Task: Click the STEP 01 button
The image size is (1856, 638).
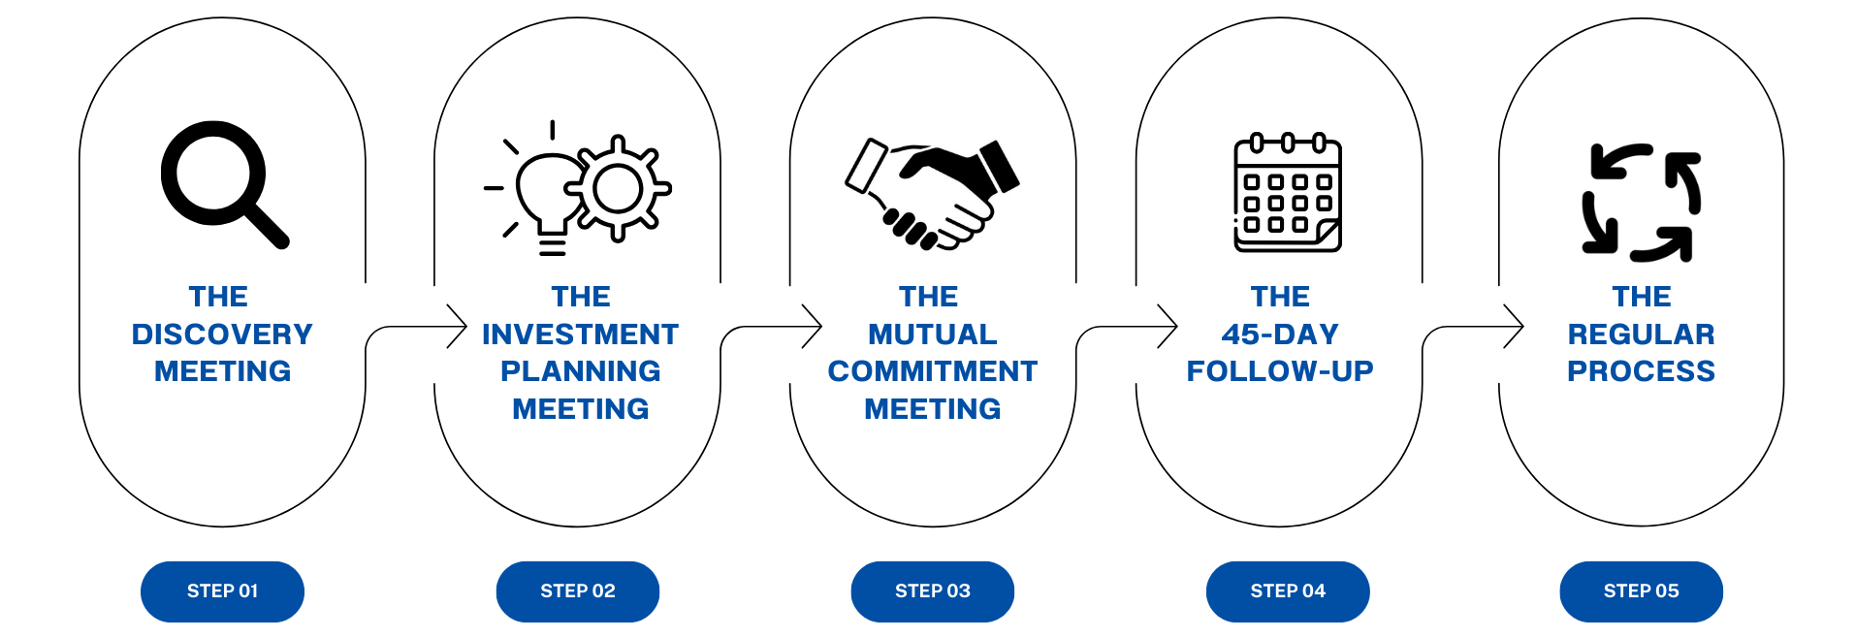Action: pyautogui.click(x=222, y=591)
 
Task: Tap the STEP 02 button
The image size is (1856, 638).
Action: pyautogui.click(x=578, y=591)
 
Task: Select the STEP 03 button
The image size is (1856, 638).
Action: pyautogui.click(x=933, y=591)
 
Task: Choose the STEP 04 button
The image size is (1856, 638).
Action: pyautogui.click(x=1288, y=591)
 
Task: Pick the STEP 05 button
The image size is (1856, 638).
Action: pyautogui.click(x=1642, y=591)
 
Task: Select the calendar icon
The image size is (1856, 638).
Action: pyautogui.click(x=1288, y=194)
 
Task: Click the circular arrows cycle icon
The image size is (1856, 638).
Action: pyautogui.click(x=1642, y=203)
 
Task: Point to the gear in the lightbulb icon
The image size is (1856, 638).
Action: pyautogui.click(x=618, y=188)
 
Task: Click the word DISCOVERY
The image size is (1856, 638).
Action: pyautogui.click(x=222, y=335)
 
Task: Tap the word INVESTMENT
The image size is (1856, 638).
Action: pyautogui.click(x=580, y=335)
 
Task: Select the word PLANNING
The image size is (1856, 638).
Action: pyautogui.click(x=580, y=371)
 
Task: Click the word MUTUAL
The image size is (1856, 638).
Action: pyautogui.click(x=933, y=335)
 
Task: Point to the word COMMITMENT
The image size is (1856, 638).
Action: pyautogui.click(x=933, y=371)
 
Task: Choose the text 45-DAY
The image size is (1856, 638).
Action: pyautogui.click(x=1280, y=335)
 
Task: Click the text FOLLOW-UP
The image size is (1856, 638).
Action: pyautogui.click(x=1280, y=371)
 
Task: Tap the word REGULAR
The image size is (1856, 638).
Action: pyautogui.click(x=1642, y=335)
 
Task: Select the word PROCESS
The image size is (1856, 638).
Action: pyautogui.click(x=1642, y=371)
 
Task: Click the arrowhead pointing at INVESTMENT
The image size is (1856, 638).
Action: pyautogui.click(x=460, y=327)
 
